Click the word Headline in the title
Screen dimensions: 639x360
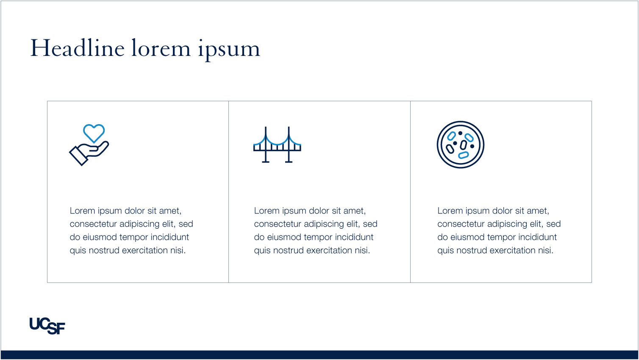(x=77, y=48)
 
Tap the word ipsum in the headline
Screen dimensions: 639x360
(x=229, y=50)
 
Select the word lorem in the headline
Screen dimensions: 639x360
(x=161, y=48)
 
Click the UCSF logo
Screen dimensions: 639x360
(x=47, y=326)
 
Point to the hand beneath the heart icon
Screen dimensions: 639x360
(x=89, y=153)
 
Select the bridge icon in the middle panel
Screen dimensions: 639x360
(x=277, y=144)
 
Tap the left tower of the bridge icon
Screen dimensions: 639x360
(x=266, y=144)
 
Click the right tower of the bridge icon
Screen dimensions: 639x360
(x=289, y=144)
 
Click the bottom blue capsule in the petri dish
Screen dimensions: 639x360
(x=463, y=155)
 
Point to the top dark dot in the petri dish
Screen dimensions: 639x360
(x=460, y=133)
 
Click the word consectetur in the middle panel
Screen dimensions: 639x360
(x=277, y=224)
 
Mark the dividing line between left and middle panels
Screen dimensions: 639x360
(x=228, y=192)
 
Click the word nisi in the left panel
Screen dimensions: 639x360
(x=178, y=250)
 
